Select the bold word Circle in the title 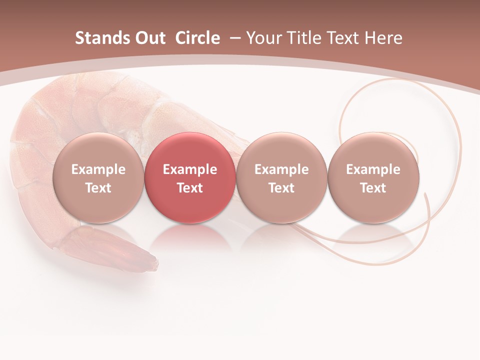point(197,38)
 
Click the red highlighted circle point(190,150)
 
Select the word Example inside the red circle point(190,169)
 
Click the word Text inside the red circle point(190,188)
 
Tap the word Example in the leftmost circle point(98,169)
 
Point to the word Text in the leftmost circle point(98,188)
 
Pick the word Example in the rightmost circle point(373,169)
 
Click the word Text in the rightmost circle point(373,188)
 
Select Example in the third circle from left point(281,169)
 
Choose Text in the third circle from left point(281,188)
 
